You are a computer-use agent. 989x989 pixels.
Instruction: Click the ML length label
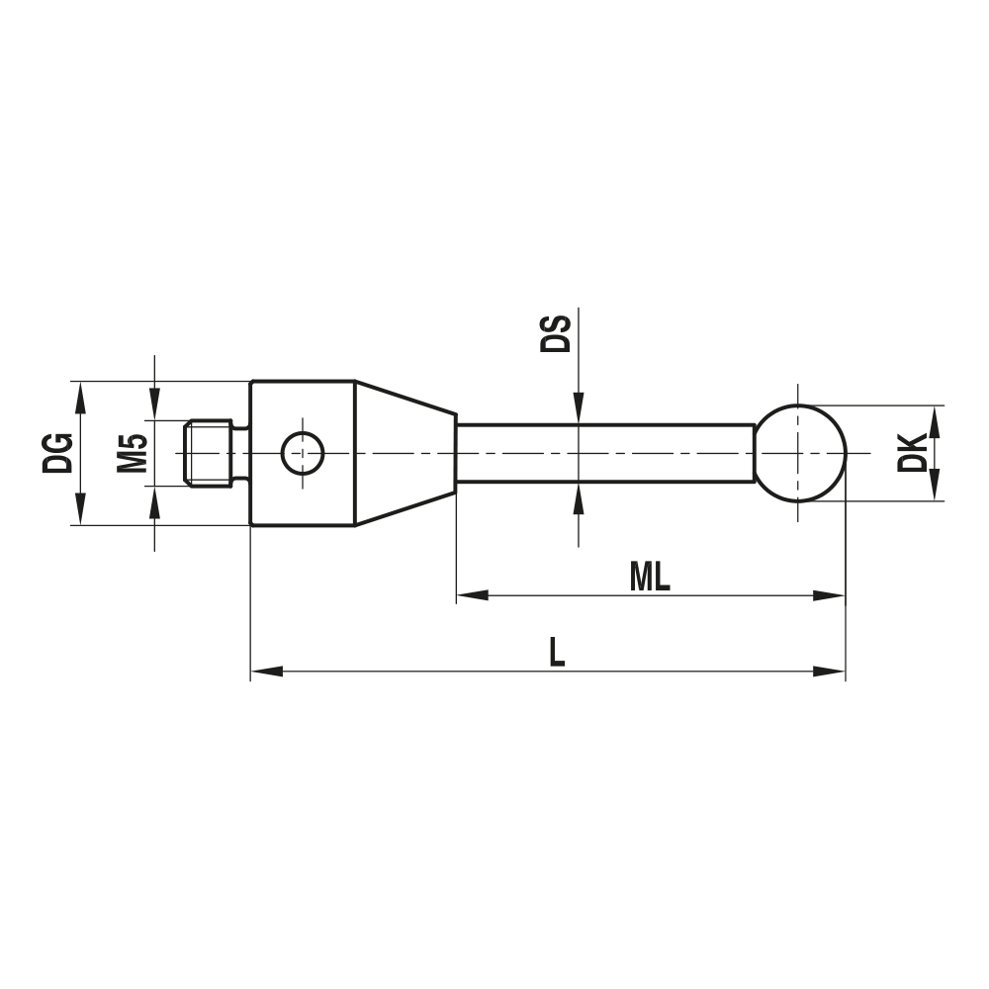click(650, 579)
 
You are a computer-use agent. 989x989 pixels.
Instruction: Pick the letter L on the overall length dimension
click(557, 653)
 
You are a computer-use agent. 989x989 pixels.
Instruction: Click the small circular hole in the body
click(302, 453)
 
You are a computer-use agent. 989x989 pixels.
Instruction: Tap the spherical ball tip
click(801, 453)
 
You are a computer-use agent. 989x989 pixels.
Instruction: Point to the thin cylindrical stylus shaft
click(603, 453)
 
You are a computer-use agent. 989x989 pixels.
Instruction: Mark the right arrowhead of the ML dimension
click(831, 596)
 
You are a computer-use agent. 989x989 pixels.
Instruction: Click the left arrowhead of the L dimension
click(266, 672)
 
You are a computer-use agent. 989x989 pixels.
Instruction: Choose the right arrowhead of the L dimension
click(831, 672)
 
